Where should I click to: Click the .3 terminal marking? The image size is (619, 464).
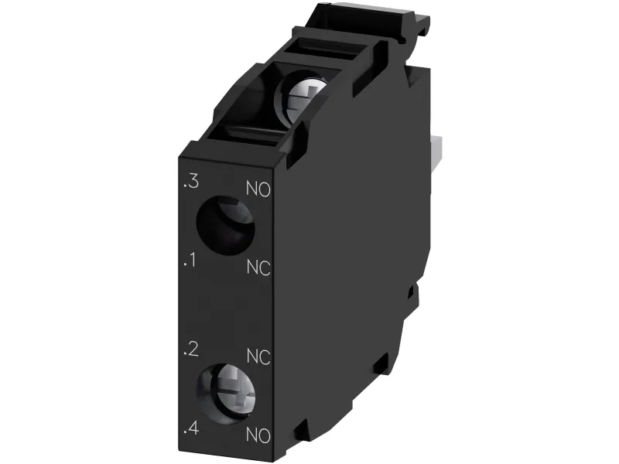(191, 182)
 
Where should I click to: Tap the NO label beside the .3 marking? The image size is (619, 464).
(258, 189)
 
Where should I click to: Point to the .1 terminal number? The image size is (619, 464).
(190, 260)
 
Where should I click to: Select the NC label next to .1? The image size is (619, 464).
(258, 267)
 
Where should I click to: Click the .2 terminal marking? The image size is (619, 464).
(191, 350)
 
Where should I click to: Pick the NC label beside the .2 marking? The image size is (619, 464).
(258, 357)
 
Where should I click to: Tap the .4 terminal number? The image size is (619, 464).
(191, 428)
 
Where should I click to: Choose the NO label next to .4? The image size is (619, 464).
(258, 435)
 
